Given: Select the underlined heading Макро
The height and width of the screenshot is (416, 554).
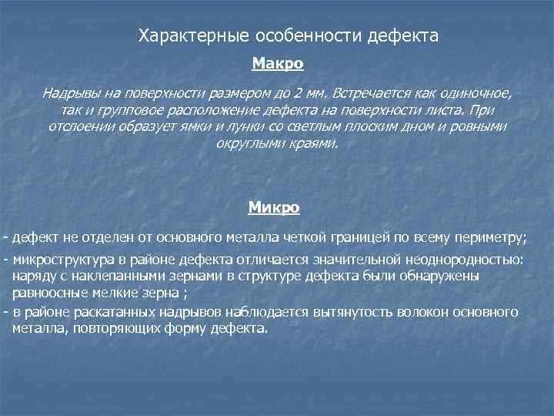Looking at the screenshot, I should [x=278, y=61].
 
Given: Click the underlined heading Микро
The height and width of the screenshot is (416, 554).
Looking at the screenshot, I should [x=274, y=207].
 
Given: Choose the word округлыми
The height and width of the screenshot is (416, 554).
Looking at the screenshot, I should [x=245, y=143].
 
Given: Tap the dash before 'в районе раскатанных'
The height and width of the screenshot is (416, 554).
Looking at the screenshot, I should [x=6, y=312].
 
